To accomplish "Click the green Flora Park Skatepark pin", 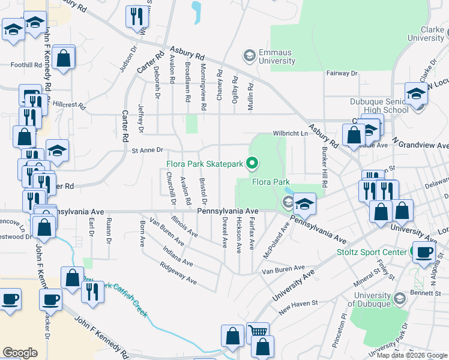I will tap(253, 163).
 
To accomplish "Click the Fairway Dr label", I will tap(342, 73).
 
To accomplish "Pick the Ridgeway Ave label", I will tap(178, 272).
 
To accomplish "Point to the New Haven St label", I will tap(297, 307).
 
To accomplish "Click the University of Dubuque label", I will tap(372, 299).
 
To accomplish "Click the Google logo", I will tap(20, 353).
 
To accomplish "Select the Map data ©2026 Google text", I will tap(412, 355).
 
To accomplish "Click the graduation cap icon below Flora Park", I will tap(304, 204).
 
